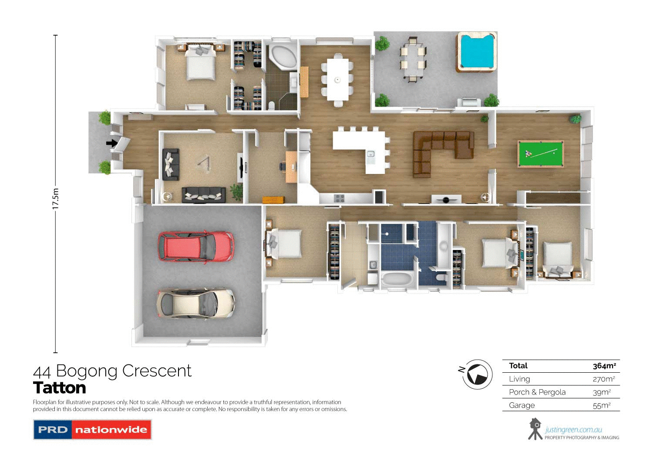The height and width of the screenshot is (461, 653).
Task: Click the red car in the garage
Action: point(195,247)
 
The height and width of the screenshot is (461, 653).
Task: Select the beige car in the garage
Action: point(195,303)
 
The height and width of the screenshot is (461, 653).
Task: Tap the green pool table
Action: point(540,154)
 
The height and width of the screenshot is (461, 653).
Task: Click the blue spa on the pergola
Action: point(477,52)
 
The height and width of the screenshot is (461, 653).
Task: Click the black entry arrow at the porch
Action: point(112,143)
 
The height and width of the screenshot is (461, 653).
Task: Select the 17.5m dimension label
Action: point(55,199)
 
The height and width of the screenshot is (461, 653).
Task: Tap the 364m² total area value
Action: point(604,366)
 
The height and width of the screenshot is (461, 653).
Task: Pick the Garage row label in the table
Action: point(522,405)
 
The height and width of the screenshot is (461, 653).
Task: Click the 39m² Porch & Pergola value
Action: point(602,392)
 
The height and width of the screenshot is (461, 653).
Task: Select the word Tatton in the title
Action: point(60,388)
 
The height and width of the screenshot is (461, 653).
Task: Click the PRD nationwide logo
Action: point(92,430)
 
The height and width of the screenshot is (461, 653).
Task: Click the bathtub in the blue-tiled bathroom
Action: point(397,279)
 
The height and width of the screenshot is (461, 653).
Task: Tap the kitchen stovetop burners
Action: point(339,198)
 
